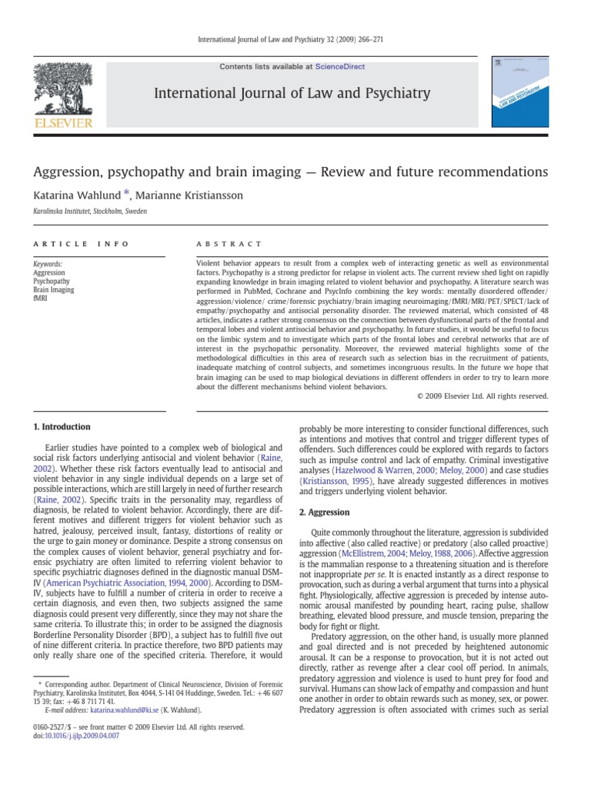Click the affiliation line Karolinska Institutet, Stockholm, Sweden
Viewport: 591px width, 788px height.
(x=90, y=211)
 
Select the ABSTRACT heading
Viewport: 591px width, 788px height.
(x=229, y=244)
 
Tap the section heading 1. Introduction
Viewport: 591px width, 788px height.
(x=62, y=426)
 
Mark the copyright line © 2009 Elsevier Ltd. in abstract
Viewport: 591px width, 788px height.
(x=482, y=396)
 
